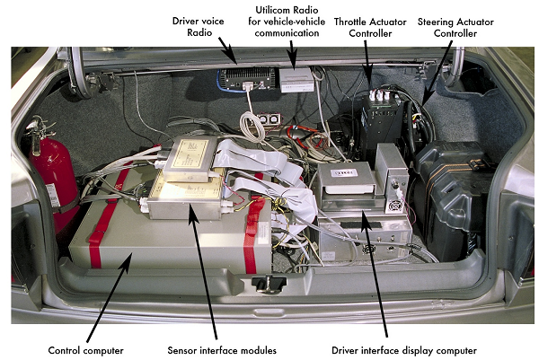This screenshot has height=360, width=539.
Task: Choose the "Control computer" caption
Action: click(86, 349)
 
